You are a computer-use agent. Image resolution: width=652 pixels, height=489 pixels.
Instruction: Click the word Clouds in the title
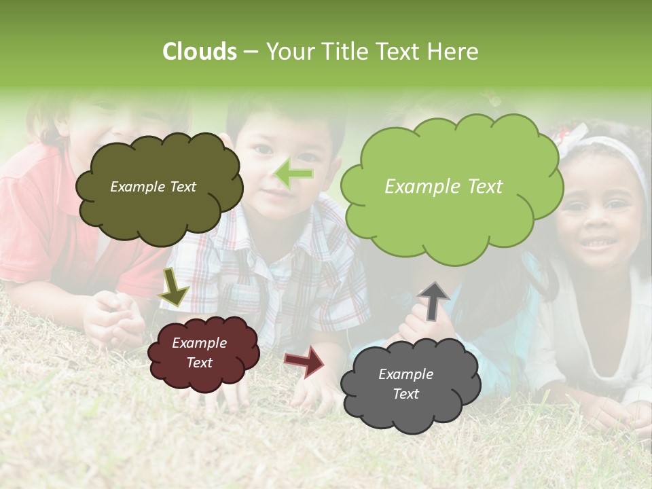pos(200,52)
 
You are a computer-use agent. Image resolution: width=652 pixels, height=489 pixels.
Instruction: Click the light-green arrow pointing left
pos(294,175)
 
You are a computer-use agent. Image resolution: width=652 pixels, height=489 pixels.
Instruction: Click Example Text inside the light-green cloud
pos(443,187)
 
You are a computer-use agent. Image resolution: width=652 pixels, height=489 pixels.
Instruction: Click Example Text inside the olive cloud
pos(153,187)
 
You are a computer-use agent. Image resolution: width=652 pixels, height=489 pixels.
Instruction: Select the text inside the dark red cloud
pos(199,352)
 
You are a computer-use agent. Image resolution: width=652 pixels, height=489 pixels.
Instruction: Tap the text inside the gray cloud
pos(405,384)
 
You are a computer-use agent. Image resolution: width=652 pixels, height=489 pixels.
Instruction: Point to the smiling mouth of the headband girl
pos(599,242)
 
